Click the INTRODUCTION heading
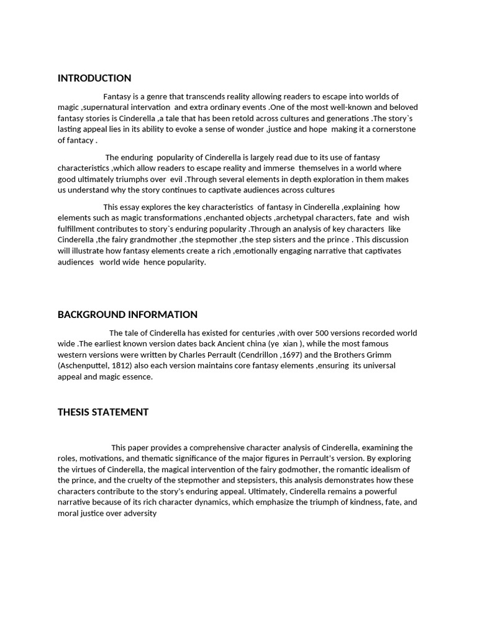[94, 78]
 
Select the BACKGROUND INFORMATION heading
[127, 314]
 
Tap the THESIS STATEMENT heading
[103, 412]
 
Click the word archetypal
[300, 218]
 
